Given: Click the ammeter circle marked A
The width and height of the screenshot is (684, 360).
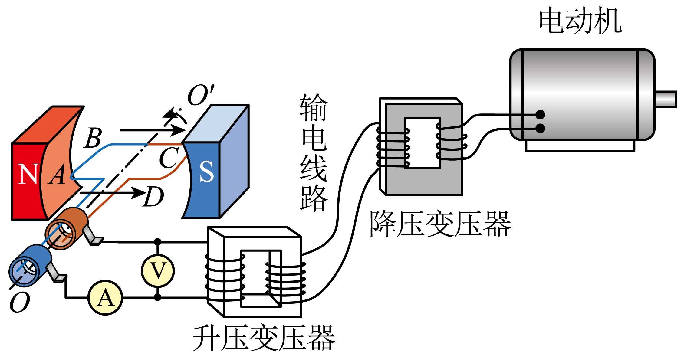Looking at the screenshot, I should click(x=105, y=298).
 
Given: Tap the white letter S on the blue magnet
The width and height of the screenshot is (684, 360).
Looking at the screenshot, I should click(x=207, y=172).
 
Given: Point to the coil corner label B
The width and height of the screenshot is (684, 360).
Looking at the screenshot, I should click(x=93, y=138).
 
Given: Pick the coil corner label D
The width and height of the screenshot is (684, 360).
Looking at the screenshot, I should click(x=153, y=197).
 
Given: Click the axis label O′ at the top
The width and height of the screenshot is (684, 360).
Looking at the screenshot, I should click(x=200, y=95).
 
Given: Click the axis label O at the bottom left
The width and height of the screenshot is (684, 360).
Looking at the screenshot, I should click(x=20, y=303).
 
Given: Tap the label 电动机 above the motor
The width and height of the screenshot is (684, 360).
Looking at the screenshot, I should click(x=580, y=21).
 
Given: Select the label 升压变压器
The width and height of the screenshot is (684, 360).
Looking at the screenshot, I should click(x=264, y=338).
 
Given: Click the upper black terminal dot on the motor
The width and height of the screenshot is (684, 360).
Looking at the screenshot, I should click(x=540, y=115).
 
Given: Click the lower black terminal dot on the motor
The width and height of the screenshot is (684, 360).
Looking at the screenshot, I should click(x=540, y=128).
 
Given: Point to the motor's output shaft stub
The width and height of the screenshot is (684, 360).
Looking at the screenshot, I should click(x=666, y=99).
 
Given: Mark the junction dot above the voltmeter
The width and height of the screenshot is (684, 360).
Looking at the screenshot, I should click(x=158, y=242).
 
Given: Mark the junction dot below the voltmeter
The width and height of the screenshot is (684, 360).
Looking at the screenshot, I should click(x=158, y=298).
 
